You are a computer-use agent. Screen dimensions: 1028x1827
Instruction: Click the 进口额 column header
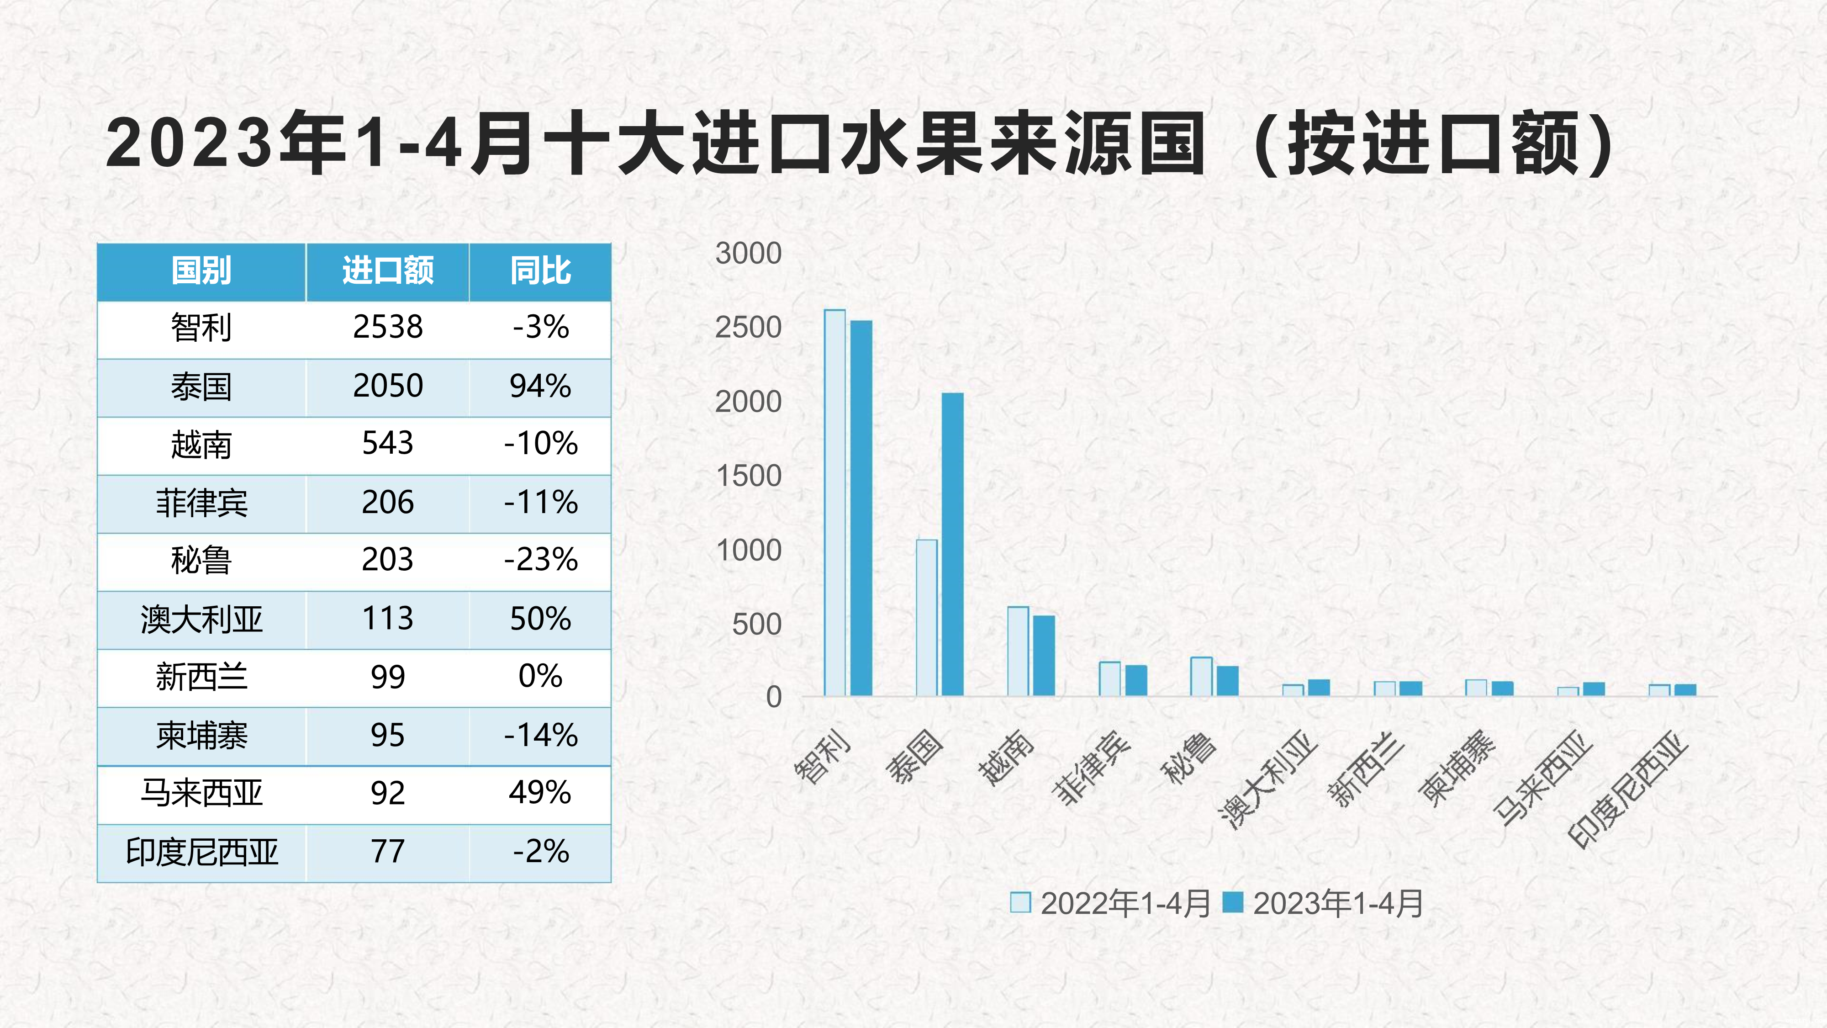(387, 271)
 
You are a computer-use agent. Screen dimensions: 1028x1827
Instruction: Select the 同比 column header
(540, 271)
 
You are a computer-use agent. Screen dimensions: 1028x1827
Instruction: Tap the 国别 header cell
(201, 271)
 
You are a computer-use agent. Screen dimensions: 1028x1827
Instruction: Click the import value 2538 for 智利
(387, 328)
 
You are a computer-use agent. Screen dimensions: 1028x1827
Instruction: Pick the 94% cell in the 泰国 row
(540, 387)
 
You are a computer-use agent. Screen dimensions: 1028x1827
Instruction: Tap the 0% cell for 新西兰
(540, 677)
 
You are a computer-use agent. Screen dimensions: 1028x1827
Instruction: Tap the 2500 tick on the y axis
(748, 328)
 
